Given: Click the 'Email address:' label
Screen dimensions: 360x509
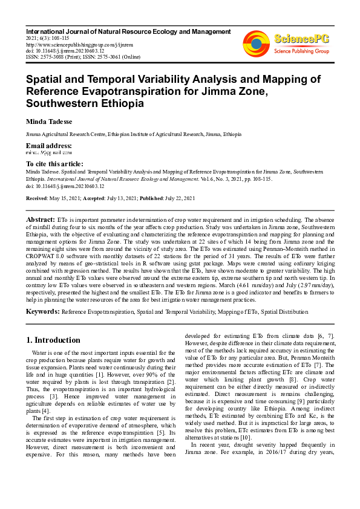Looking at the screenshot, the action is tap(48, 146).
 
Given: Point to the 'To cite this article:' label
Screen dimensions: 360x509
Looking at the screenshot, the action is tap(54, 164).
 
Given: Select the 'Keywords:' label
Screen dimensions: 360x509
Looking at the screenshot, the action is tap(42, 311).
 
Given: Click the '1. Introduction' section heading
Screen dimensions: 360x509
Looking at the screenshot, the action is tap(54, 340).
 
